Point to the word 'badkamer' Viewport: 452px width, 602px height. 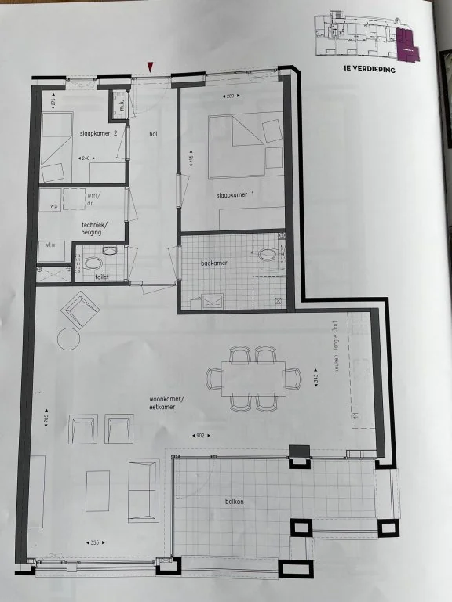click(213, 263)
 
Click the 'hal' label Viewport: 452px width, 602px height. click(154, 134)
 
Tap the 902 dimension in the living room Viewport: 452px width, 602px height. click(200, 436)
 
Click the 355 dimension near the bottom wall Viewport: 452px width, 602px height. click(93, 542)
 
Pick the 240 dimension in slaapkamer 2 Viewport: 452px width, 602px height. click(86, 158)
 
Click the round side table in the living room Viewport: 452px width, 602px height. click(68, 339)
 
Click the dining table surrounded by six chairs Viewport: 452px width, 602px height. click(253, 378)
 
